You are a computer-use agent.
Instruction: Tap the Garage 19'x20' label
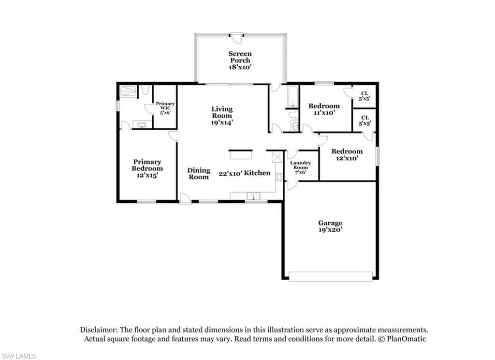coord(330,226)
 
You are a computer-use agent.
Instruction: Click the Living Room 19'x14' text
coord(222,116)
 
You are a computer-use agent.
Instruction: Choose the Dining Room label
coord(199,174)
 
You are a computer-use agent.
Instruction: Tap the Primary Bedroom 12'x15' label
coord(147,168)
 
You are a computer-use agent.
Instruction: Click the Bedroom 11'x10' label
coord(324,109)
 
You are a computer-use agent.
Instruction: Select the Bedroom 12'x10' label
coord(347,154)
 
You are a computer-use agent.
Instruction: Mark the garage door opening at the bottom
coord(331,276)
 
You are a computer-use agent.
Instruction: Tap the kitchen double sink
coord(253,196)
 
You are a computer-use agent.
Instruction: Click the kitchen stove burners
coord(279,177)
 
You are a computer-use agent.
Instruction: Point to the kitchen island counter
coord(241,155)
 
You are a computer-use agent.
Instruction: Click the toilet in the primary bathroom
coord(145,90)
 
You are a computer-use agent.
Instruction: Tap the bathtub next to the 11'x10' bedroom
coord(292,96)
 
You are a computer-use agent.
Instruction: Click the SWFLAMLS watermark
coord(18,356)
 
